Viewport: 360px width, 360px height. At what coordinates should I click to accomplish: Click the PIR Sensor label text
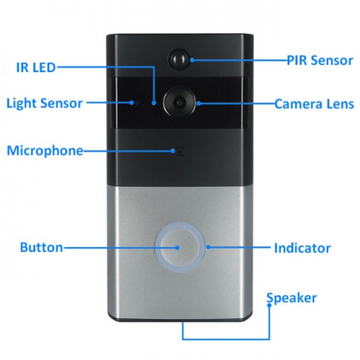320,60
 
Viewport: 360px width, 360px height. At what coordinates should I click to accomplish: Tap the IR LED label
36,68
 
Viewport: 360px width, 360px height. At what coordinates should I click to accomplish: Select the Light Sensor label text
45,103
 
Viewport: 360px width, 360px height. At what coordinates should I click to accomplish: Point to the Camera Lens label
314,104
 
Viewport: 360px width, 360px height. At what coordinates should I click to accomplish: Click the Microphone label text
45,150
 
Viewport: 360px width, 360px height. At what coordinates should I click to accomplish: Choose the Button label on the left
41,247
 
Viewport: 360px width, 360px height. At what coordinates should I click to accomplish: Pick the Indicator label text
302,248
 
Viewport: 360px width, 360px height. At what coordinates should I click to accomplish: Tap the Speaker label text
292,298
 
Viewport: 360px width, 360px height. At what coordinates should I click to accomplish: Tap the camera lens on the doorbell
179,103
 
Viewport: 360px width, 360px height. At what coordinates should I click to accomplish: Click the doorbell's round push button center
179,248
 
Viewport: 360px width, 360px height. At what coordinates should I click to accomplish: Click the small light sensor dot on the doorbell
137,103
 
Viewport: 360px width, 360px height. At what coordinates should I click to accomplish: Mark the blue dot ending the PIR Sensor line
192,60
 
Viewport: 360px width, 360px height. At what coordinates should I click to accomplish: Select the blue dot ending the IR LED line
154,103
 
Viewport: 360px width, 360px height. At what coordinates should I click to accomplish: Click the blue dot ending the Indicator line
208,247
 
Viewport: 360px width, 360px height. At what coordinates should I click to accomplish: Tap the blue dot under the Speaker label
269,305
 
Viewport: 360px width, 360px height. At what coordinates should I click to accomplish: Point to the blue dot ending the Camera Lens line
199,104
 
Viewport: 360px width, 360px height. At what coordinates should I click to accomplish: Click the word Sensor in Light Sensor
61,103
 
